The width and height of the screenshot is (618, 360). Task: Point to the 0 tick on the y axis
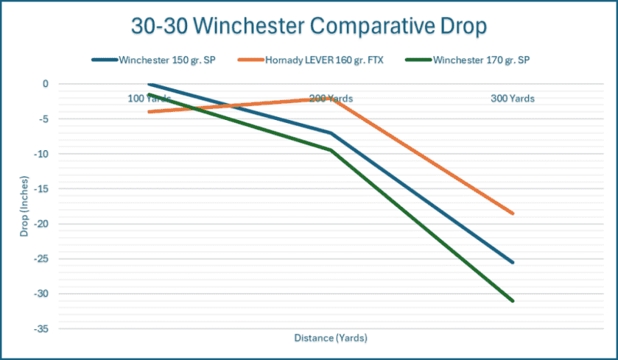coord(45,84)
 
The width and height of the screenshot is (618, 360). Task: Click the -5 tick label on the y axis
coord(43,119)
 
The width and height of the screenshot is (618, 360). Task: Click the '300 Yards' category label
coord(512,98)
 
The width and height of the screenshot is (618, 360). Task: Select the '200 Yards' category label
coord(330,98)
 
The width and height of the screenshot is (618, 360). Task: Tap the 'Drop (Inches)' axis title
coord(24,206)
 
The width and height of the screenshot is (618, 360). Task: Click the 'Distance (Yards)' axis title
coord(331,339)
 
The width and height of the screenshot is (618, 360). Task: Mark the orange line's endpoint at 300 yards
coord(512,213)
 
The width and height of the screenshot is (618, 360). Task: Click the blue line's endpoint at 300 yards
coord(512,262)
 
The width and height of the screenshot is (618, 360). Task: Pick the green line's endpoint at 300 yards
coord(512,300)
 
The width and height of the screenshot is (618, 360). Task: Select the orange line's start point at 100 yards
coord(150,112)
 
